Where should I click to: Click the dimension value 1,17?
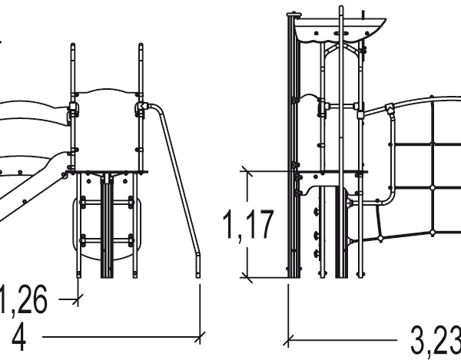(x=247, y=225)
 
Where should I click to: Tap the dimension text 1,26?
(x=23, y=300)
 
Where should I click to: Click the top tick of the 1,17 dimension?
(x=246, y=170)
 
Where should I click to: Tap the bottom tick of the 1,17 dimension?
(x=246, y=276)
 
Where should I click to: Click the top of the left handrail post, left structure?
(x=74, y=46)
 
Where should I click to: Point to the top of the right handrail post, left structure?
(x=141, y=46)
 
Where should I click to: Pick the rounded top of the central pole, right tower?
(x=340, y=9)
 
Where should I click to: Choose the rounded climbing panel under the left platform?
(x=107, y=223)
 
